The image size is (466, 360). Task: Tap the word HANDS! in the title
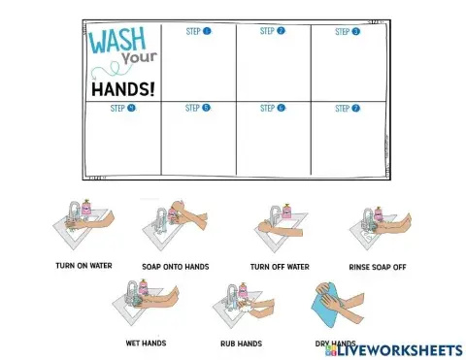point(122,89)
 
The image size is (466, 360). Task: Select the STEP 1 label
point(198,31)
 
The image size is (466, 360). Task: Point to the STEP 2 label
point(273,31)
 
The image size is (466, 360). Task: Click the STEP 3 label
point(348,32)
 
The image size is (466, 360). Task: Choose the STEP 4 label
point(123,109)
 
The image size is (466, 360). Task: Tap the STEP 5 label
point(198,109)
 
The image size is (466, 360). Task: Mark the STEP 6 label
point(273,109)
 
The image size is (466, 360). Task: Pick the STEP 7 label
point(348,109)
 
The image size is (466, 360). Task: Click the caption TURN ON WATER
point(83,265)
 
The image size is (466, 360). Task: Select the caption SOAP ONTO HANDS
point(176,266)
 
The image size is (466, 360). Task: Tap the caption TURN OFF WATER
point(280,266)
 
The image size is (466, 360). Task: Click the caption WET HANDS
point(146,343)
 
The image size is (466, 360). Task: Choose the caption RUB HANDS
point(242,344)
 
